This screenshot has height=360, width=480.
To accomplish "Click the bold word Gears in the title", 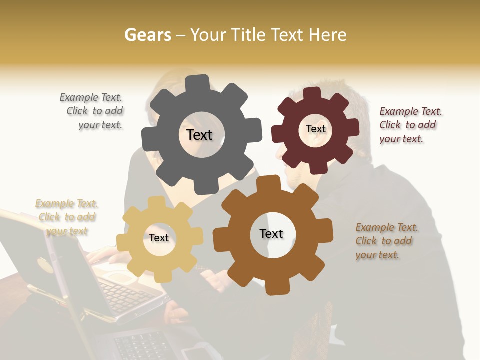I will [147, 35].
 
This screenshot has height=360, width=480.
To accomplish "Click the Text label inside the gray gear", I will [199, 135].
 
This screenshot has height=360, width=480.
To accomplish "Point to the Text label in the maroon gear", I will [315, 129].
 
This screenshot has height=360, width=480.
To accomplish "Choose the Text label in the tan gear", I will [159, 238].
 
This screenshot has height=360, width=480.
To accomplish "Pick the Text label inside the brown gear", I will [271, 233].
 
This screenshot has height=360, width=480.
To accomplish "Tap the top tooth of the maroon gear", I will [312, 94].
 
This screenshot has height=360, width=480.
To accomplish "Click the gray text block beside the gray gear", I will [92, 111].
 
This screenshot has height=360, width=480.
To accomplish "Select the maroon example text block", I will [410, 125].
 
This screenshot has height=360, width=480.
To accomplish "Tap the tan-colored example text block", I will [66, 217].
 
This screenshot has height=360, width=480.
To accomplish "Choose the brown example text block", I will [386, 241].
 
